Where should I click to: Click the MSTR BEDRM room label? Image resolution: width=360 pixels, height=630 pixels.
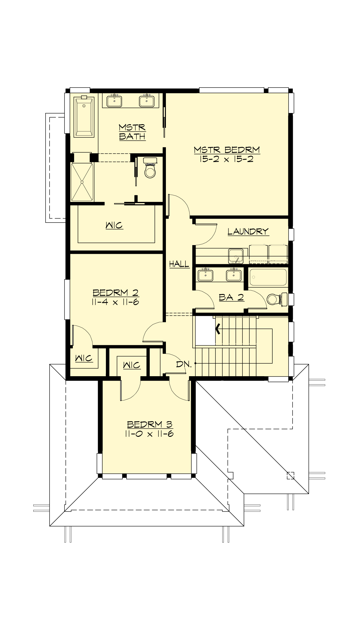coord(227,150)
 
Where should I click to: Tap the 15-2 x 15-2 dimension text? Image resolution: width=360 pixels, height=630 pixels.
coord(227,159)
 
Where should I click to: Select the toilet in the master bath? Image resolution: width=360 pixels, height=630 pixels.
coord(150,169)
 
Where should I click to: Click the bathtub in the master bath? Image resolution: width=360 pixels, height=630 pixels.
coord(84,116)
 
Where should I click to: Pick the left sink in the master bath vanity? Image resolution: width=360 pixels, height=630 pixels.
coord(114,101)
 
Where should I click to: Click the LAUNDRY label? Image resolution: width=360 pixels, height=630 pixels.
coord(248,232)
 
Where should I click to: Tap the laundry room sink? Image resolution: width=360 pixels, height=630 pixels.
coord(236,256)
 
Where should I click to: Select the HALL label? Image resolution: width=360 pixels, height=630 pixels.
coord(179,264)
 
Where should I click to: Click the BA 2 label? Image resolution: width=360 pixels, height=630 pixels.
coord(231,297)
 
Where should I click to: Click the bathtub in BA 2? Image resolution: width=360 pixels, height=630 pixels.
coord(268,277)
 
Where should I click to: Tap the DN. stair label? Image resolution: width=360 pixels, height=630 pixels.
coord(184,364)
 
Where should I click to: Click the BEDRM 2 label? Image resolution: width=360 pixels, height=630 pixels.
coord(115,292)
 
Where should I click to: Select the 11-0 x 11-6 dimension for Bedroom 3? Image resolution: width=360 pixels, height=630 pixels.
coord(149,434)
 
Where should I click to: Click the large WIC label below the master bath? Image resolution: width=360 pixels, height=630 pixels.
coord(114,225)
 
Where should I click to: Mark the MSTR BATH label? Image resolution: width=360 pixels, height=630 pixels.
coord(132,132)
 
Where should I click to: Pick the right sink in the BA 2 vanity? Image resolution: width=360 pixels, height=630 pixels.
coord(234,274)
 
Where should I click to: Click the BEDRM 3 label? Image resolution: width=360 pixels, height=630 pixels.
coord(149,424)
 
